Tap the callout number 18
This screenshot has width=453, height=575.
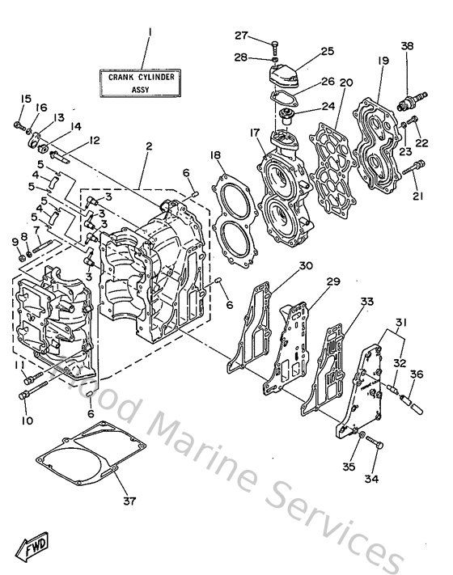point(215,155)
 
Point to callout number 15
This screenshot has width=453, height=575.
point(25,99)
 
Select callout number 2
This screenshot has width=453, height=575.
point(148,146)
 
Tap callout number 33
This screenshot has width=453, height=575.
point(367,302)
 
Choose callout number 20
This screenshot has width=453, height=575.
point(346,82)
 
